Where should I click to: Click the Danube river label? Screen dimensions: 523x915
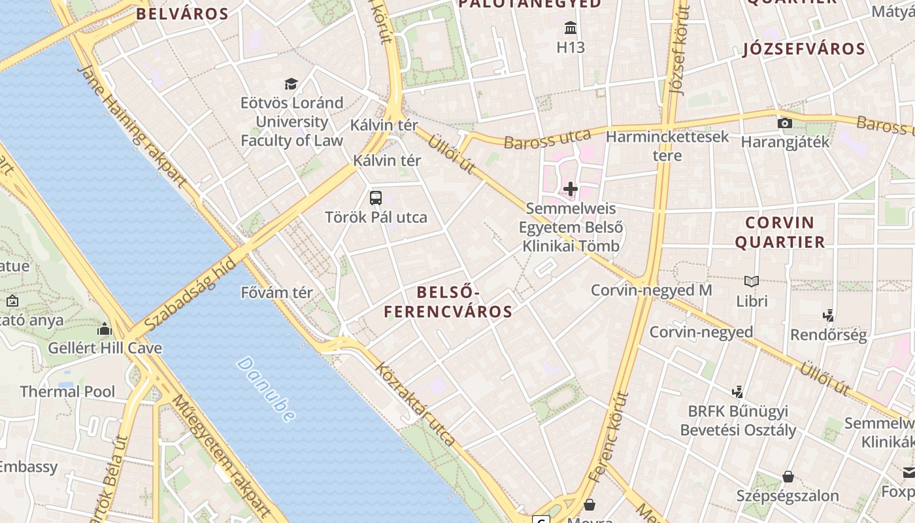click(x=267, y=388)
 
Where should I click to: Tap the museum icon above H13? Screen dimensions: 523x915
click(x=571, y=28)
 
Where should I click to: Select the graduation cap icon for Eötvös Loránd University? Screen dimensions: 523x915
click(x=291, y=84)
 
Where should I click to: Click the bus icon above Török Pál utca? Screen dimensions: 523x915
click(x=376, y=197)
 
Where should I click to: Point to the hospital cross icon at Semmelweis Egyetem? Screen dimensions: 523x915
click(x=571, y=189)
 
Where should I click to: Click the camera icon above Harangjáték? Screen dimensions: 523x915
click(x=785, y=123)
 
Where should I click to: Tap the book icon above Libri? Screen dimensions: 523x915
click(x=752, y=282)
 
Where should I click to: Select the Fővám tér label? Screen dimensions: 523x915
click(x=277, y=292)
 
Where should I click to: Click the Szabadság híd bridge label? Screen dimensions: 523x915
click(x=190, y=295)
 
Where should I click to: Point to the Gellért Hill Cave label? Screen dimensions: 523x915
click(x=105, y=348)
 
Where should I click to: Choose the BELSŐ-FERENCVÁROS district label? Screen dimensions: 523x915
click(x=448, y=301)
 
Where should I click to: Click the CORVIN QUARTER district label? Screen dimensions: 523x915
click(x=780, y=232)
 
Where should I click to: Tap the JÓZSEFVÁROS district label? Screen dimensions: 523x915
click(x=804, y=49)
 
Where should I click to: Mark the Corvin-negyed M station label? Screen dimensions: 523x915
click(x=651, y=290)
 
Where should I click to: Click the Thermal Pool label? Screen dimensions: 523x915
click(x=67, y=392)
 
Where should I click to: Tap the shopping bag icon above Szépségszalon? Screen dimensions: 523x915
click(x=788, y=476)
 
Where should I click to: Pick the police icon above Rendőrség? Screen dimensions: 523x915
click(x=829, y=316)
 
